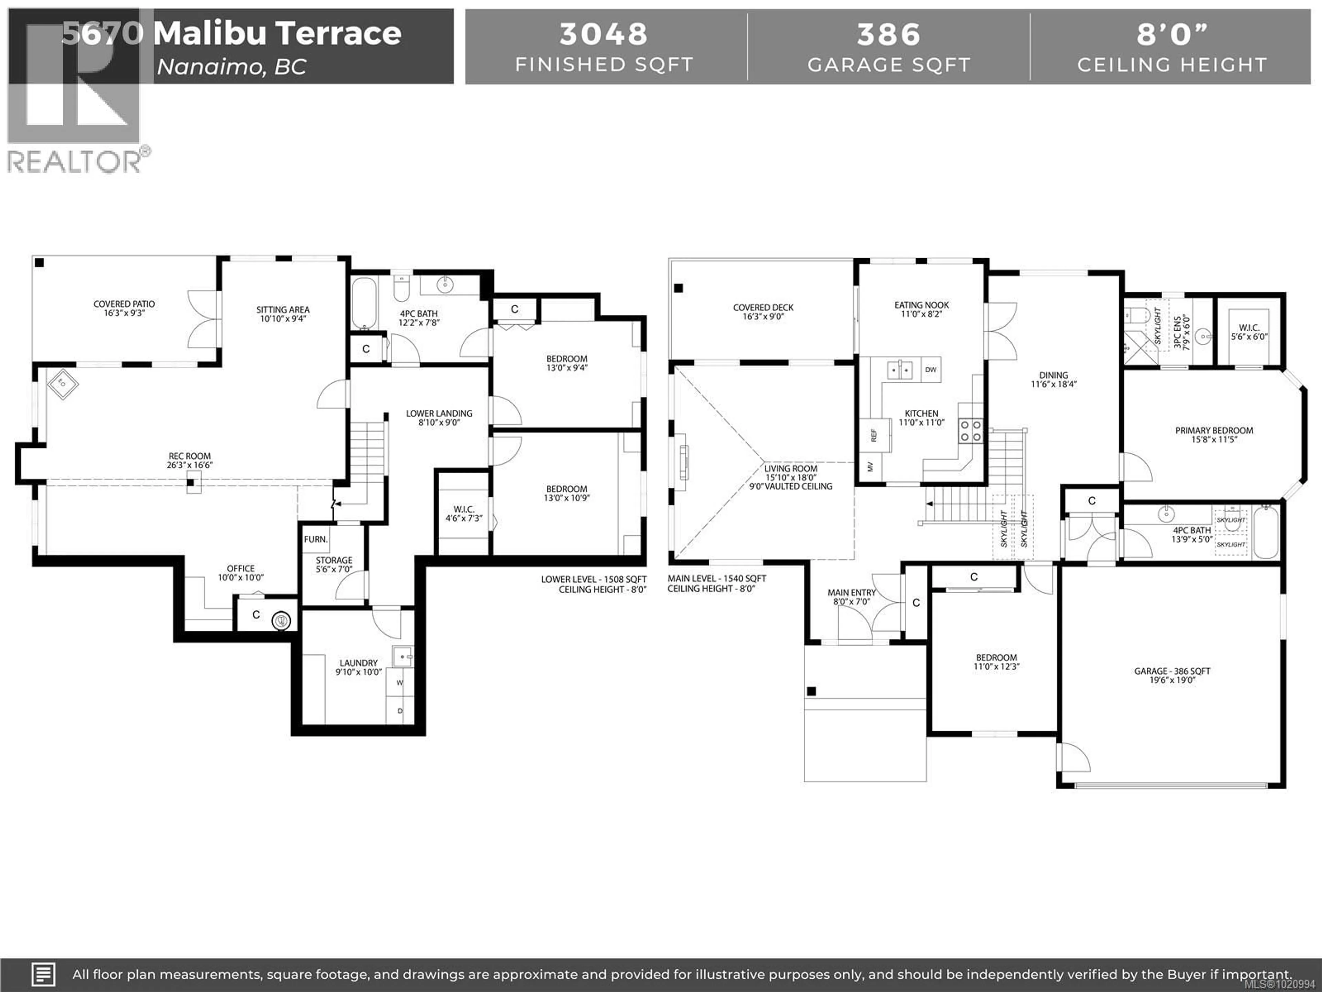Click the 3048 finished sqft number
[604, 34]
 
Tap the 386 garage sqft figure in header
[888, 34]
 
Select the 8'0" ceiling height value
[1172, 34]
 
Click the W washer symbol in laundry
[400, 682]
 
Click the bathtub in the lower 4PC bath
[363, 304]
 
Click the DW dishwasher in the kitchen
[931, 370]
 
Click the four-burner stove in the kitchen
[970, 431]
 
